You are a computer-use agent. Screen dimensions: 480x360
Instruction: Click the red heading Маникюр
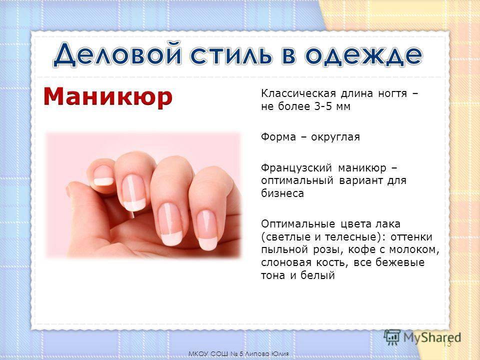[x=108, y=97]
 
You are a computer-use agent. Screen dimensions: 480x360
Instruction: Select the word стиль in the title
[x=231, y=55]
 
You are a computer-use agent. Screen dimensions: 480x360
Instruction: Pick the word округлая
[x=335, y=137]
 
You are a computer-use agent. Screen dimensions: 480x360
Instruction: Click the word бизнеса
[x=282, y=193]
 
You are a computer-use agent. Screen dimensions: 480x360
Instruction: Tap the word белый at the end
[x=317, y=275]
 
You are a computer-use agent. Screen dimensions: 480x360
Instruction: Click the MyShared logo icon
[x=392, y=337]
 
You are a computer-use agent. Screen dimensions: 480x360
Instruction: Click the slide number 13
[x=447, y=344]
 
